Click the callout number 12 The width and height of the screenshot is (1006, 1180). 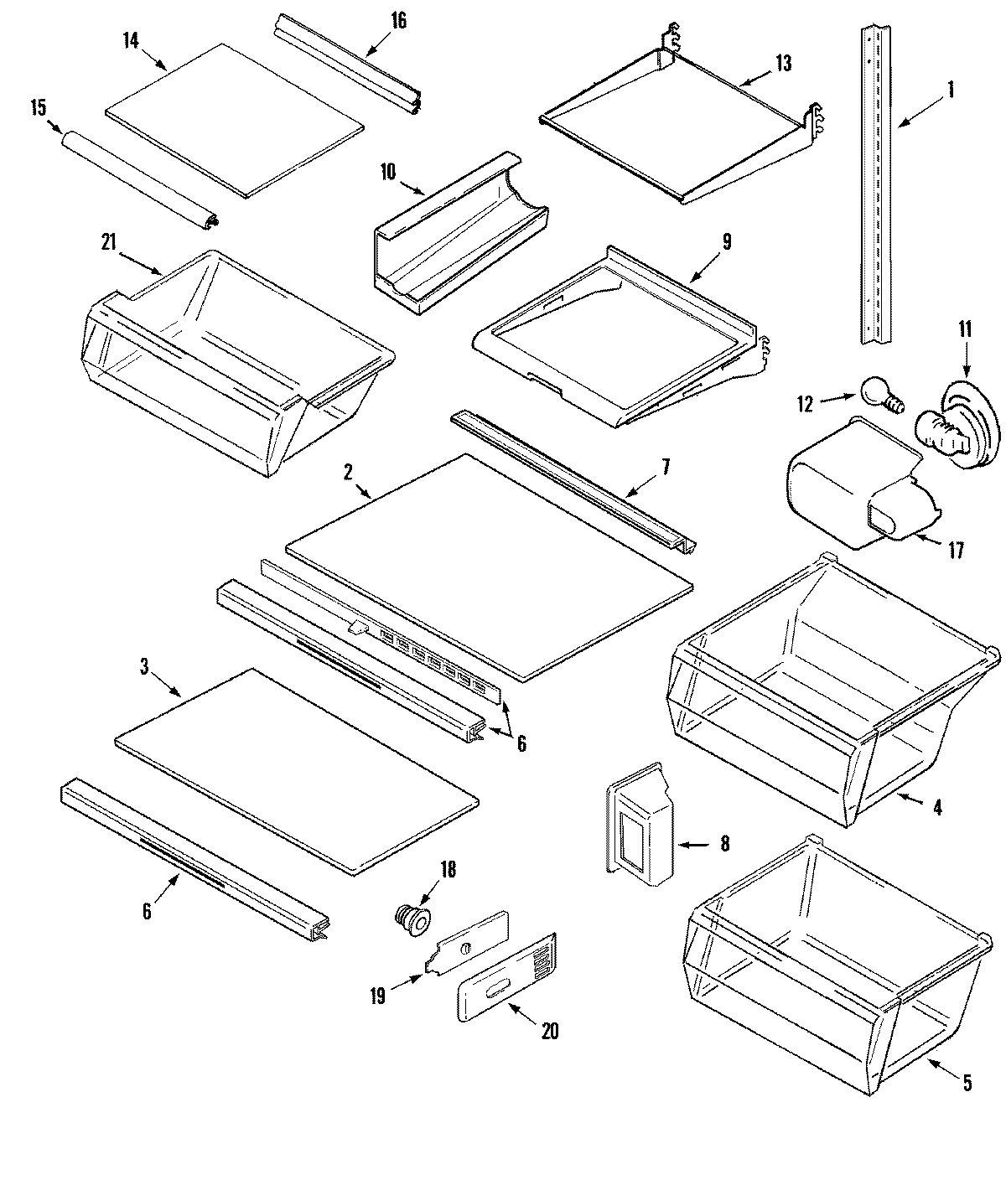pos(806,405)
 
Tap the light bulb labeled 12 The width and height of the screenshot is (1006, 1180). pos(876,393)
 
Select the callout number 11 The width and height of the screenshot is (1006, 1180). pos(965,329)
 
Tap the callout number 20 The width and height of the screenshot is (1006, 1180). pos(549,1031)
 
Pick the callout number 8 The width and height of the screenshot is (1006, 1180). pos(724,844)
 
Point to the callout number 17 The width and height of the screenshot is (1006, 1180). pos(956,551)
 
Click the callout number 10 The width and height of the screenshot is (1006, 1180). pos(387,173)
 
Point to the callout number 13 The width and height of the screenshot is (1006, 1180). pos(783,64)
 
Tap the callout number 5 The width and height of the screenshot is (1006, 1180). pos(967,1084)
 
